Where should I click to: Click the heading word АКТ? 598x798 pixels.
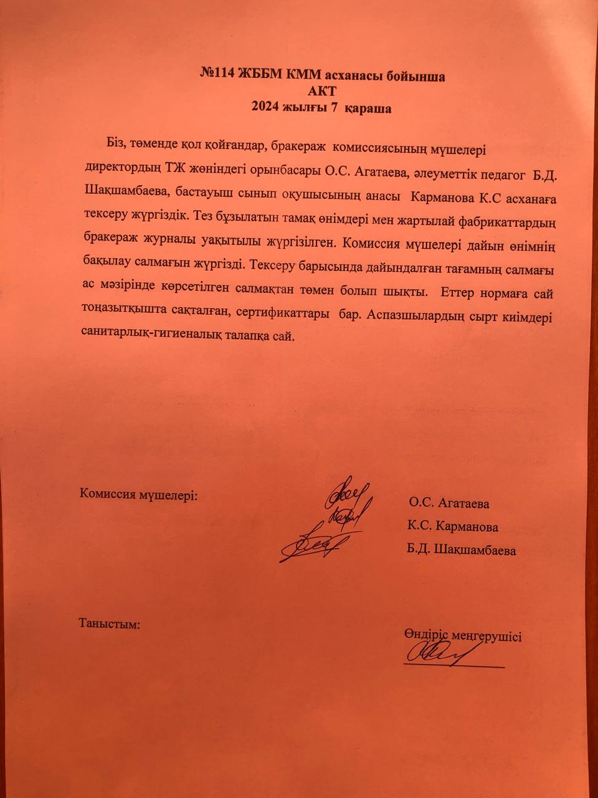pyautogui.click(x=322, y=92)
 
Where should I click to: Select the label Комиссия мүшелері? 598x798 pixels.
pyautogui.click(x=139, y=494)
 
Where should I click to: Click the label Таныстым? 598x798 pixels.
pyautogui.click(x=109, y=623)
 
